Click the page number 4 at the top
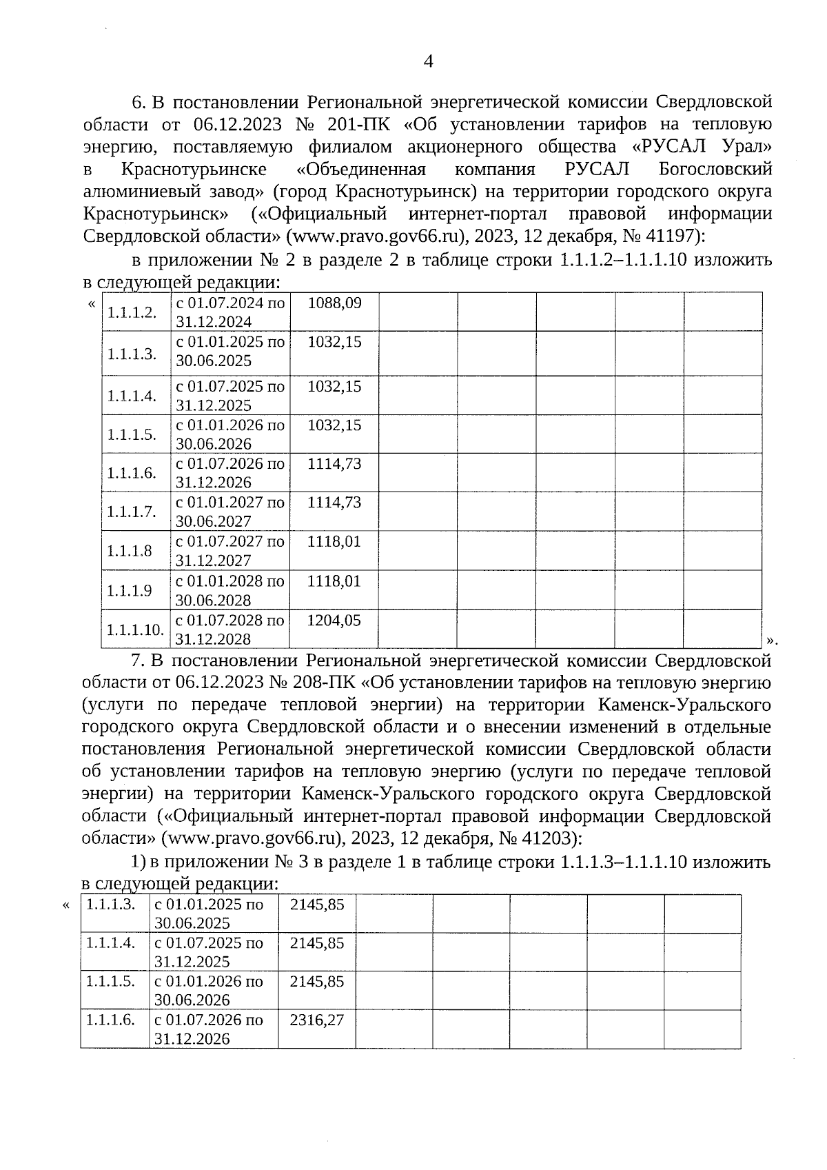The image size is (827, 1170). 428,62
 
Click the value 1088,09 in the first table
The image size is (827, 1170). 334,303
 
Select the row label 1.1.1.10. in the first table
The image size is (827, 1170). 135,629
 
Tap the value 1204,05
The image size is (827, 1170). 334,621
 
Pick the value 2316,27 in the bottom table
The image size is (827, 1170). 316,1020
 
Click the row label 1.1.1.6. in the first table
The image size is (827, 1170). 132,473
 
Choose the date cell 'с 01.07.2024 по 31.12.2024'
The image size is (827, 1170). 230,312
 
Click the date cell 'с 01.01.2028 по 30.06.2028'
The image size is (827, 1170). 230,590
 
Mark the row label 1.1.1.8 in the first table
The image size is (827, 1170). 130,551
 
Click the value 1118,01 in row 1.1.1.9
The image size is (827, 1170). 334,581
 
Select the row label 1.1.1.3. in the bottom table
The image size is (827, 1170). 110,904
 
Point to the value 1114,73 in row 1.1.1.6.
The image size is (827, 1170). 334,464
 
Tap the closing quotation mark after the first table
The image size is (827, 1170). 772,641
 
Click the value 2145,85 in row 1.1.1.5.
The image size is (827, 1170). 316,981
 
